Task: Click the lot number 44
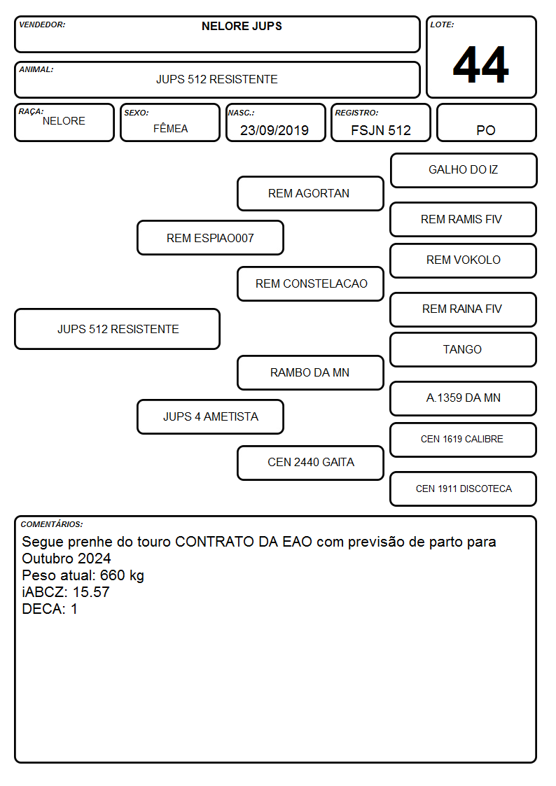481,64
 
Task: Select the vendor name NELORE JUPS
242,26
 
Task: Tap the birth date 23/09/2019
274,130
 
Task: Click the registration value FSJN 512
380,130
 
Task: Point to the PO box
486,122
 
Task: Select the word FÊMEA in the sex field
170,128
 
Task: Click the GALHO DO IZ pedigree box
464,171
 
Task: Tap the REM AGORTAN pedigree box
310,193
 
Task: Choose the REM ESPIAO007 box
210,237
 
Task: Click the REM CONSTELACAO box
310,283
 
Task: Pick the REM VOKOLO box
464,260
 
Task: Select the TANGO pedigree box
464,349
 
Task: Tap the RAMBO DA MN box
310,372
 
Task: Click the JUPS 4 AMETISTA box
210,416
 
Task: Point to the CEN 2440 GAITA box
310,463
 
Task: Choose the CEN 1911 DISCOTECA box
464,489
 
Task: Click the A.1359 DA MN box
464,398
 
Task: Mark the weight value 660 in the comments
112,575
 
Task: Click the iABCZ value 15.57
91,592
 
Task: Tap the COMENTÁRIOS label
52,524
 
